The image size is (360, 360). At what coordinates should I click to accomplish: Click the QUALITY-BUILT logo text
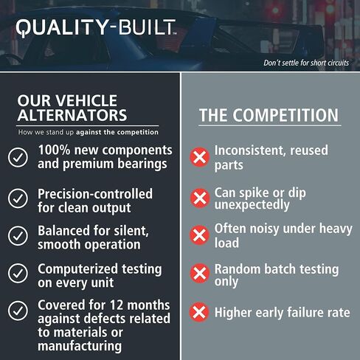96,28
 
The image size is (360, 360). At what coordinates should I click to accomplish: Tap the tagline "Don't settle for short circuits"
306,63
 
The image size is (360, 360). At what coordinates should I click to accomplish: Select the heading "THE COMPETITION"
269,116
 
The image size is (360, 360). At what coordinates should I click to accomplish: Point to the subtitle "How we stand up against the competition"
88,132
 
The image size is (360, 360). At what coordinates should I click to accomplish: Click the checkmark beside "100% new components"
18,156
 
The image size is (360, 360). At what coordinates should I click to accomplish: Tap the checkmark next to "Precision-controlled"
18,198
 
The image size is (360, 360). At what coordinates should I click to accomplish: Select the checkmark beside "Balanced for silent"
18,236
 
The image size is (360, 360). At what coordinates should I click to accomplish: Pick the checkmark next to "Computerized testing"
18,274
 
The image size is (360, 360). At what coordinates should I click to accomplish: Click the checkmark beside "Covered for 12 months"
18,311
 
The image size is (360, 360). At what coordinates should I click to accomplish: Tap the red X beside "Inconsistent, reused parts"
199,157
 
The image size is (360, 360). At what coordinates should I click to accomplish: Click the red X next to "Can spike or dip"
199,198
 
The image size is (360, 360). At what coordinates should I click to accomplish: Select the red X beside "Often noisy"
199,235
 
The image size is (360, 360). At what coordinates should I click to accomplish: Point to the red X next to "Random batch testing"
199,274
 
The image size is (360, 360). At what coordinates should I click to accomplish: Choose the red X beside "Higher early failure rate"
199,312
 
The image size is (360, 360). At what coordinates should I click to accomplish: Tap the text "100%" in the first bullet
55,150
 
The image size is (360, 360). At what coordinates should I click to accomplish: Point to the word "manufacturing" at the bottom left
80,345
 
